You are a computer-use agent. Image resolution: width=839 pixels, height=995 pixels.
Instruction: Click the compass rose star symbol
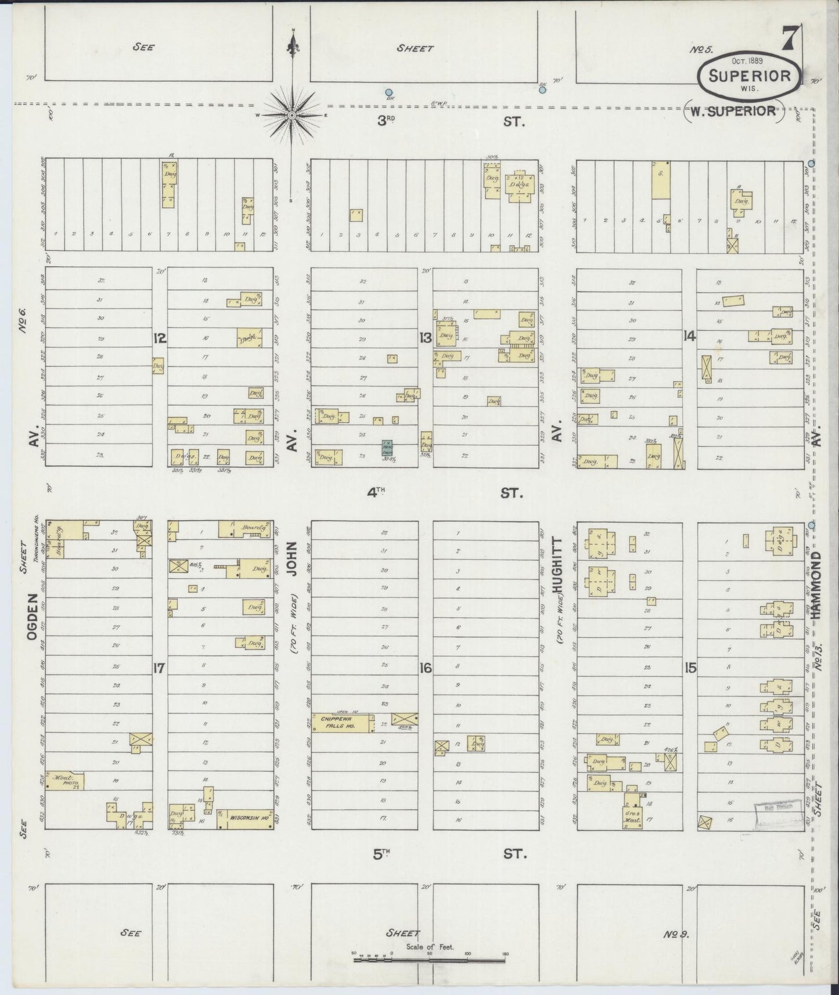[x=293, y=114]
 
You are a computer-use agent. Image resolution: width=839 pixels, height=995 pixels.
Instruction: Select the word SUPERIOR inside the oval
[x=748, y=76]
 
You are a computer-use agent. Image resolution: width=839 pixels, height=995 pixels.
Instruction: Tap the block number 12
[x=160, y=338]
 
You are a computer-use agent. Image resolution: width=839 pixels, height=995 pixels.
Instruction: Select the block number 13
[x=426, y=338]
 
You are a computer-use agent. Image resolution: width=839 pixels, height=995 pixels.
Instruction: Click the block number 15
[x=690, y=668]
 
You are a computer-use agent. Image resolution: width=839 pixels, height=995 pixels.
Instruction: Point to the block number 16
[x=426, y=668]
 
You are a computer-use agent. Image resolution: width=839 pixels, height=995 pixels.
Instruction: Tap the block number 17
[x=160, y=668]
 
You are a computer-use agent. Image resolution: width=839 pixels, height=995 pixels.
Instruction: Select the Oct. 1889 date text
[x=747, y=60]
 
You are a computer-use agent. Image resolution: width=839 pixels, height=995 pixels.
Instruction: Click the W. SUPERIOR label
[x=733, y=111]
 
